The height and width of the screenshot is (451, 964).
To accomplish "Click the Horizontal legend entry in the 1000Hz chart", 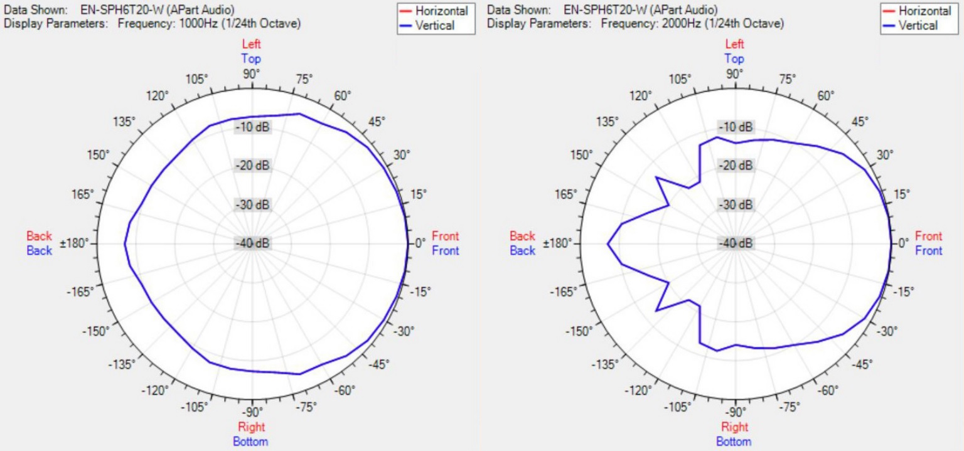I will point(441,11).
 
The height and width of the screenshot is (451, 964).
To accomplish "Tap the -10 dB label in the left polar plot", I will point(252,127).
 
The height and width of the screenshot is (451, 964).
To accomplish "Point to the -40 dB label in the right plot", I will point(736,243).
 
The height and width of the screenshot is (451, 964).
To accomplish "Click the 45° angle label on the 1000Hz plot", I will point(377,122).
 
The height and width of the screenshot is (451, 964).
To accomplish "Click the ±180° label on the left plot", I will point(76,243).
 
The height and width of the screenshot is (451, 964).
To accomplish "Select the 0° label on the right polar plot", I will point(903,243).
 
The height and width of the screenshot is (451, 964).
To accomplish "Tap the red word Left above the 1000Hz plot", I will point(251,45).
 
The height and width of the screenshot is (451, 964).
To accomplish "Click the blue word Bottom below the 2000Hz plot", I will point(734,442).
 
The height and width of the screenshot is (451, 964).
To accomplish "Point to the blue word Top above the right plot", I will point(734,59).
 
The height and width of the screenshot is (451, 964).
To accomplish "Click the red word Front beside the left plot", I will point(445,236).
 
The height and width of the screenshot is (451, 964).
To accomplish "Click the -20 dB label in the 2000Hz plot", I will point(736,166).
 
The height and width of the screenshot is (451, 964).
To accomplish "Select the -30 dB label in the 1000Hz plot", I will point(252,205).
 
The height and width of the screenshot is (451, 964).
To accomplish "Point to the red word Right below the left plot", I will point(251,427).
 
